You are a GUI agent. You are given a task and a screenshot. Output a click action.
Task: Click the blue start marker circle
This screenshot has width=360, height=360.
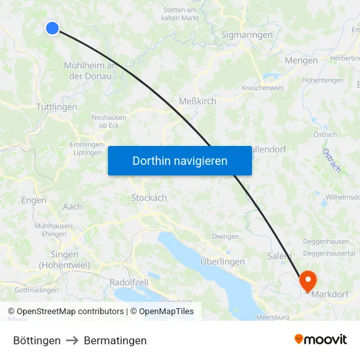[52, 27]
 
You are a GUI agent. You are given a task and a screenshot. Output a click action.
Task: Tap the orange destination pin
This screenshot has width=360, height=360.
[308, 280]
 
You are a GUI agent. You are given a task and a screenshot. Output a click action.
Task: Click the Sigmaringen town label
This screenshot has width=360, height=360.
[246, 34]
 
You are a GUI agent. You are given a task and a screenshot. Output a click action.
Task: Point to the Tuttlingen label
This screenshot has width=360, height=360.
[57, 107]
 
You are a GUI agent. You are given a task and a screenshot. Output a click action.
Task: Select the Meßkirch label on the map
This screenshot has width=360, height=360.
[198, 101]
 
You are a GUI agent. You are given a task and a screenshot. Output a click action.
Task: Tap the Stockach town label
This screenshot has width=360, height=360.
[149, 197]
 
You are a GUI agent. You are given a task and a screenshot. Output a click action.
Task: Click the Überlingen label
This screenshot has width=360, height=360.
[223, 261]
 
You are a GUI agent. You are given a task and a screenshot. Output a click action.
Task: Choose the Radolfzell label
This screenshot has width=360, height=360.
[129, 281]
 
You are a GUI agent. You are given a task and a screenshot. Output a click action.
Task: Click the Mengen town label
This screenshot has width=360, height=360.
[302, 60]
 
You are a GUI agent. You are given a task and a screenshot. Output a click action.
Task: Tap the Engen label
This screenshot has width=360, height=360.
[33, 200]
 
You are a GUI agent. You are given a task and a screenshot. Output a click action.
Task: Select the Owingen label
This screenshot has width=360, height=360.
[225, 236]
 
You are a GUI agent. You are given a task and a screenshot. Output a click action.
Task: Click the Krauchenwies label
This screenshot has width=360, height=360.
[263, 87]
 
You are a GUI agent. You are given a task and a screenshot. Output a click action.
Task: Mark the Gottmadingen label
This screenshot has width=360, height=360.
[36, 289]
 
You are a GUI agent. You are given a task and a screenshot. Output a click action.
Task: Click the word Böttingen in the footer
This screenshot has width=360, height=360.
[37, 340]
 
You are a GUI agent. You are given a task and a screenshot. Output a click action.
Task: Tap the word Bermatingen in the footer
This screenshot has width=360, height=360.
[115, 340]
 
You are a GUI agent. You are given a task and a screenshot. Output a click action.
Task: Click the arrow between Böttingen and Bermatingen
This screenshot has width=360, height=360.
[72, 340]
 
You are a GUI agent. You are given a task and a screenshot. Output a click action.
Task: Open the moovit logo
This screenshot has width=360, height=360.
[320, 339]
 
